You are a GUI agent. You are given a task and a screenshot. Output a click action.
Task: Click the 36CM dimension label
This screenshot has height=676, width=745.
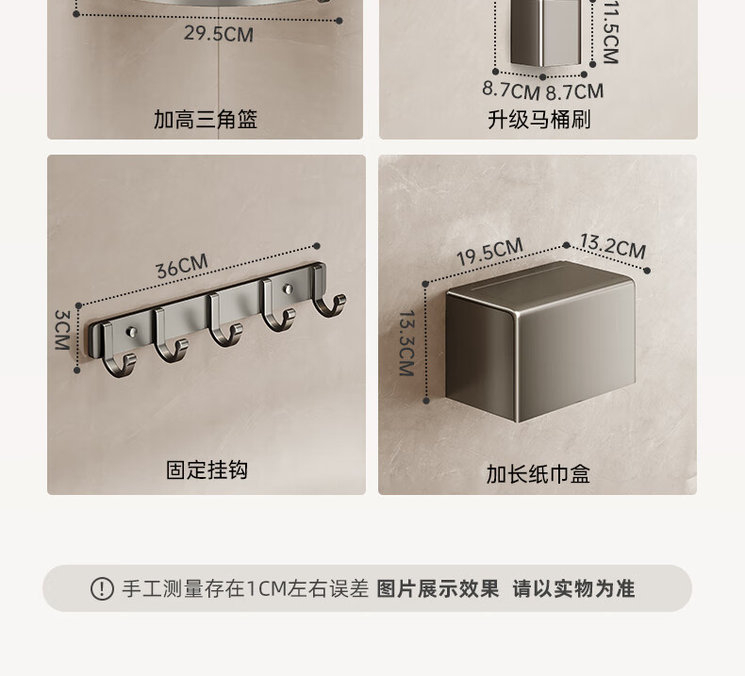(x=182, y=266)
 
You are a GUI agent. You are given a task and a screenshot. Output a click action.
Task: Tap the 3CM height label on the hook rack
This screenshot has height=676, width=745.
(x=63, y=330)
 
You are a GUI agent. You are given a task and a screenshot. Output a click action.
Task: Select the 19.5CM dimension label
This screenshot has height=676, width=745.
(x=489, y=252)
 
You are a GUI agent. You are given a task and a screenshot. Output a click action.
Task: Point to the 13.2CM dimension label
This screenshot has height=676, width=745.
(x=613, y=246)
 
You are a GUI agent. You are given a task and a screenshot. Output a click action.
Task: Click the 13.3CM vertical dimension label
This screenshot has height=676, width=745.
(x=406, y=343)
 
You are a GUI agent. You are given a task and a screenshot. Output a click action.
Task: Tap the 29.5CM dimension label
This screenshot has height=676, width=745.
(x=219, y=34)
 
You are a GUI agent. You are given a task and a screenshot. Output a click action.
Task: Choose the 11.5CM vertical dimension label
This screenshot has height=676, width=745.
(x=610, y=31)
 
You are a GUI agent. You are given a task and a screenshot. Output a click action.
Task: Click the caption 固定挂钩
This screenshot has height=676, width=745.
(x=207, y=470)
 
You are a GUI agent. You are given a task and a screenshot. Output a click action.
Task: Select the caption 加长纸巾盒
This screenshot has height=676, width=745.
(x=538, y=474)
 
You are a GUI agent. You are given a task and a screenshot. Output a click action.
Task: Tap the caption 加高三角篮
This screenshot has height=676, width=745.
(x=206, y=119)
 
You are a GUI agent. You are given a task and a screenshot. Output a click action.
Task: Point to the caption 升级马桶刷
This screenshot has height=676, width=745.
(x=539, y=119)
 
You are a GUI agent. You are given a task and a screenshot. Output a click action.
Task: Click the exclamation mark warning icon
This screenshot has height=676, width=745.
(x=102, y=589)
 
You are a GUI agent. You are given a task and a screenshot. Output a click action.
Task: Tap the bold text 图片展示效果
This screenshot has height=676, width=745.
(x=438, y=588)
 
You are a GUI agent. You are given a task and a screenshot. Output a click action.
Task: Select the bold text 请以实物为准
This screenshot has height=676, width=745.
(x=573, y=588)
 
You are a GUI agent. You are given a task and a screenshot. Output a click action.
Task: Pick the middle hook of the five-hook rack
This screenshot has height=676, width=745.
(x=224, y=321)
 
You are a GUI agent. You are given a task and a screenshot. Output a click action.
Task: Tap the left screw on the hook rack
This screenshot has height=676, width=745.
(x=132, y=332)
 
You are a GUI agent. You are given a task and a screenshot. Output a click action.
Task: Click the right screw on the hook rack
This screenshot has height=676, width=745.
(x=287, y=289)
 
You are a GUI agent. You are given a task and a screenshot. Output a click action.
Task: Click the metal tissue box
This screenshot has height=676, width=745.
(x=540, y=341)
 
